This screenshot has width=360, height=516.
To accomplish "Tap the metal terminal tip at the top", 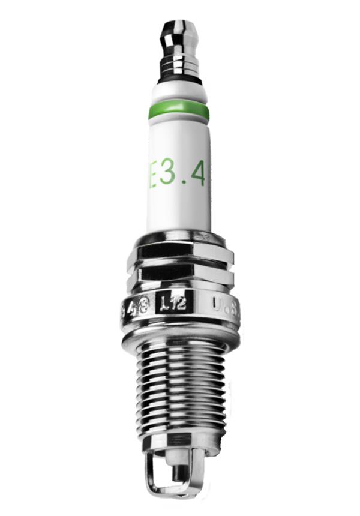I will pyautogui.click(x=178, y=30).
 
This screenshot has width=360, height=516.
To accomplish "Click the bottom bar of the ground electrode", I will pyautogui.click(x=174, y=493).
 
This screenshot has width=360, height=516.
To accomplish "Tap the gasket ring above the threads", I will pyautogui.click(x=180, y=340).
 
